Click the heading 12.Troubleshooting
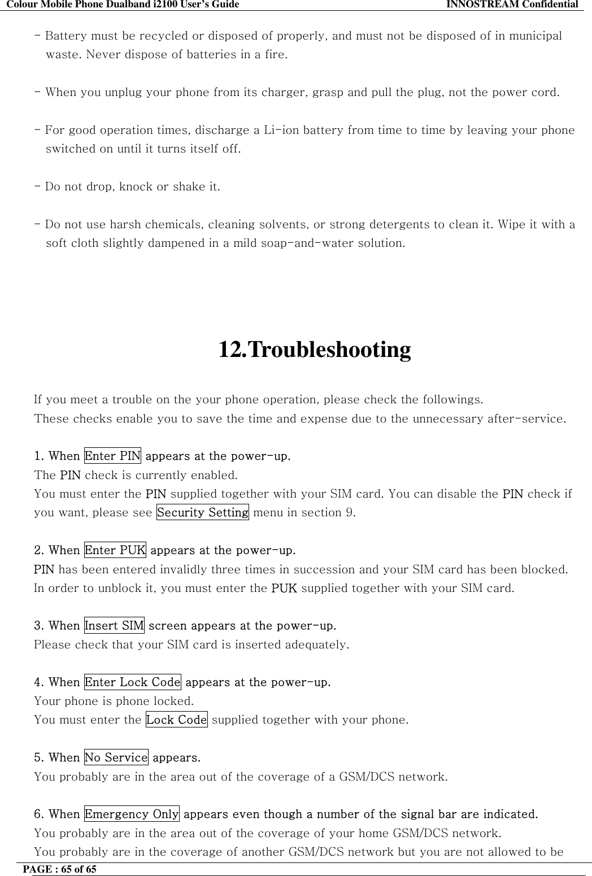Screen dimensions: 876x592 (314, 350)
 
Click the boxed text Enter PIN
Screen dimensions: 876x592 (112, 455)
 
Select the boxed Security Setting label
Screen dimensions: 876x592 (202, 513)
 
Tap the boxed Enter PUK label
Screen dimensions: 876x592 (115, 550)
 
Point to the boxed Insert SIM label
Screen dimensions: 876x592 (114, 625)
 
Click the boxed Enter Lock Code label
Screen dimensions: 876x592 (133, 682)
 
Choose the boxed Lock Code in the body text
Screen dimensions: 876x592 (177, 720)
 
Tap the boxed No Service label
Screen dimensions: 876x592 (116, 757)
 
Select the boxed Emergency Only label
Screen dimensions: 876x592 (132, 814)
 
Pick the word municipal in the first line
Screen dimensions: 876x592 (534, 37)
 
